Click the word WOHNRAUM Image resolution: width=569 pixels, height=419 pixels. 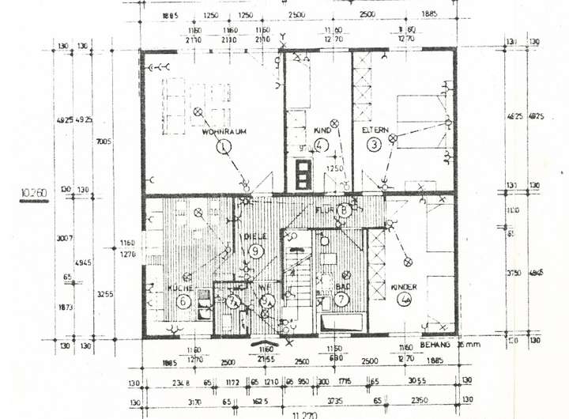220,132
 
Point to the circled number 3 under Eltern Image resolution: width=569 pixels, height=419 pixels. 373,144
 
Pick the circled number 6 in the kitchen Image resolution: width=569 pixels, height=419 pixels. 183,301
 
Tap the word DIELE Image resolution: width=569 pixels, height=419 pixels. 254,236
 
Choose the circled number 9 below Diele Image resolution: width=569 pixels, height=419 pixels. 256,251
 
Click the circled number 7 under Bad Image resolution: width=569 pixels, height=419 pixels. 341,299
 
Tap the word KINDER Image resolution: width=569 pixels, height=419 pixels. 405,288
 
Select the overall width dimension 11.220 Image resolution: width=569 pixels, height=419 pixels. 303,413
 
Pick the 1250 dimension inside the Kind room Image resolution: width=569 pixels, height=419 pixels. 337,168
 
